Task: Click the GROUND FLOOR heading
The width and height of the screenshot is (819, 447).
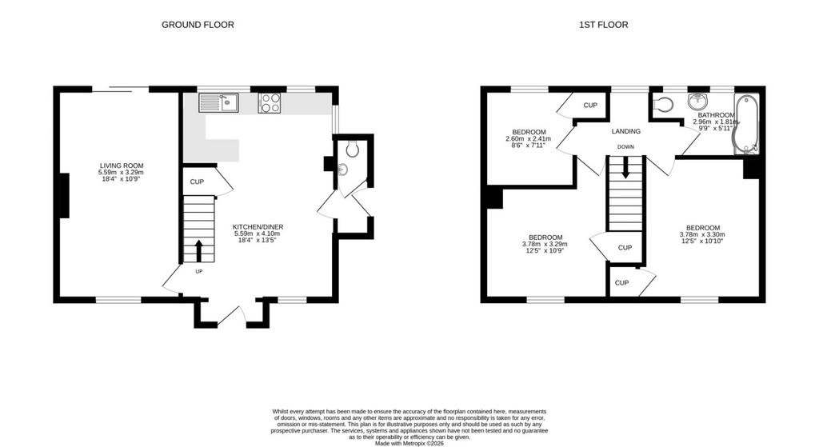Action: [198, 25]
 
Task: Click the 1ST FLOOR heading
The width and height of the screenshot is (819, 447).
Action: [603, 25]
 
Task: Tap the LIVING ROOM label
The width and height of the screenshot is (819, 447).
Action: [122, 166]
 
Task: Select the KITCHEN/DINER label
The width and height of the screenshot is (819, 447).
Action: [258, 226]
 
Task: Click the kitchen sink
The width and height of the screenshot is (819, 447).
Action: [218, 103]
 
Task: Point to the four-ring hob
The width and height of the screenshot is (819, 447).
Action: [269, 103]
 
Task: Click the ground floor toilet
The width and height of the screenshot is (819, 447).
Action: [353, 149]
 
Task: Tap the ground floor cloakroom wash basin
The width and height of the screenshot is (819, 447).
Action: [342, 170]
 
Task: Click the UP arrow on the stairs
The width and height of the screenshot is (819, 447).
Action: [198, 251]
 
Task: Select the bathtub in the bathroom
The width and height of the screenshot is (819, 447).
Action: [746, 124]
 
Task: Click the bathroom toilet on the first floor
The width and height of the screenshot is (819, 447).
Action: [663, 105]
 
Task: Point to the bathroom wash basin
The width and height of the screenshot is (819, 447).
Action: [697, 101]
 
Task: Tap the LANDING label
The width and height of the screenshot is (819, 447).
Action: [625, 131]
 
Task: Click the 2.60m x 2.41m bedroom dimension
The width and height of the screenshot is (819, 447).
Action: [528, 139]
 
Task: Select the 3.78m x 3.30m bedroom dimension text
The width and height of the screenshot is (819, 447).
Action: [702, 234]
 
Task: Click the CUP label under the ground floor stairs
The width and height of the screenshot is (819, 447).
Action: [197, 182]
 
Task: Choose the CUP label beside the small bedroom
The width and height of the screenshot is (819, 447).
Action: [590, 105]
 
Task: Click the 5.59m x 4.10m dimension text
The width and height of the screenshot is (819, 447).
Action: [258, 233]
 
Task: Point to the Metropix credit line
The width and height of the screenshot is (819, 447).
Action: [409, 443]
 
